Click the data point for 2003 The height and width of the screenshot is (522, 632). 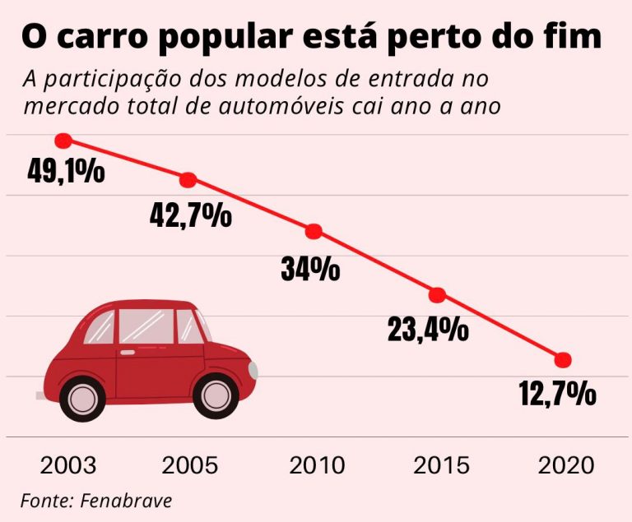(63, 141)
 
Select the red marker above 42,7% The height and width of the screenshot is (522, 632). (188, 180)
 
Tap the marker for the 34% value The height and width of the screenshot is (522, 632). (314, 232)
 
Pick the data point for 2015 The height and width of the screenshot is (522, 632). (437, 295)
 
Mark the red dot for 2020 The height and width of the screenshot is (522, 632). (563, 360)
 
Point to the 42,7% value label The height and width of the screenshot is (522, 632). (191, 215)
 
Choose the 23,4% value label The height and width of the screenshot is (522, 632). (428, 330)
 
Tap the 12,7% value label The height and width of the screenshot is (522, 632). (557, 395)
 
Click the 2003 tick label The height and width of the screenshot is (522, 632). (67, 465)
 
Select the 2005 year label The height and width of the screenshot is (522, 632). (190, 465)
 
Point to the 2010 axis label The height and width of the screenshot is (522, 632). (317, 465)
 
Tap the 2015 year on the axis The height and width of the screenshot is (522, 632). (442, 465)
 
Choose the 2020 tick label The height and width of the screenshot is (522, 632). (566, 465)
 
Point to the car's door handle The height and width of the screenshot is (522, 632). (128, 352)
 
